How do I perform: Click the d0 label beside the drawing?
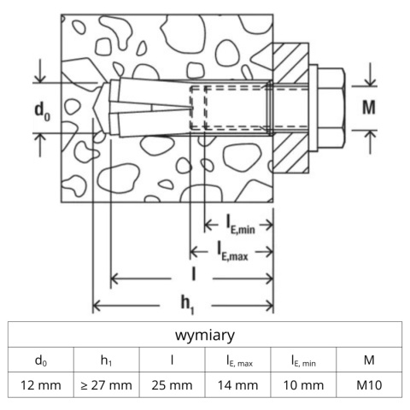tap(42, 111)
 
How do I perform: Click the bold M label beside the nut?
tap(369, 108)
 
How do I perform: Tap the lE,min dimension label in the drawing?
tap(240, 225)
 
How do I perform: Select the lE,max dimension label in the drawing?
tap(232, 251)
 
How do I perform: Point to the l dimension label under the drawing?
tap(194, 274)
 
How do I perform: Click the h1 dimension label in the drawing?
tap(188, 305)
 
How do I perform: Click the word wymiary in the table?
tap(205, 335)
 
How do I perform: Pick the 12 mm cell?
tap(41, 385)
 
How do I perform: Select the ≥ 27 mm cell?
tap(106, 385)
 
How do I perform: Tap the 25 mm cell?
tap(172, 385)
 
